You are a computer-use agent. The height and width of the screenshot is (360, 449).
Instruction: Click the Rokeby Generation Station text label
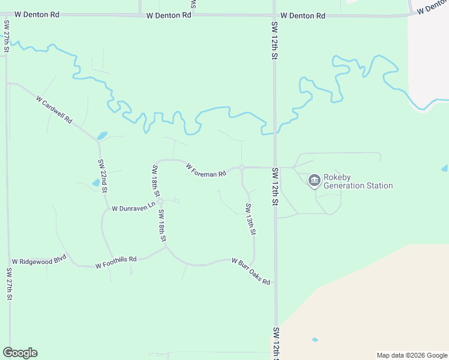tap(358, 181)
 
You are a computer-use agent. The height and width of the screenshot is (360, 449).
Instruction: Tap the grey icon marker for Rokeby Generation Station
tap(314, 181)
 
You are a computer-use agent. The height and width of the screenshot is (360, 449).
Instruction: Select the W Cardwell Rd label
tap(54, 109)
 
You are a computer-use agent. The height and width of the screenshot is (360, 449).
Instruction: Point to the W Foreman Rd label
tap(206, 170)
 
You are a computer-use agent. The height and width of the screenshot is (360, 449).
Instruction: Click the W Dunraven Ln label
tap(133, 207)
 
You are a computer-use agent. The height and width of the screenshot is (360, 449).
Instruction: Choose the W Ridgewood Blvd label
tap(39, 262)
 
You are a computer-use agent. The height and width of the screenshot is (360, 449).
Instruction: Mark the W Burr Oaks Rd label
tap(251, 271)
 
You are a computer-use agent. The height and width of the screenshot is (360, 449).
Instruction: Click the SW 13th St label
tap(251, 219)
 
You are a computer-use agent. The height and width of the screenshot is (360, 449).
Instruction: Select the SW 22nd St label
tap(103, 176)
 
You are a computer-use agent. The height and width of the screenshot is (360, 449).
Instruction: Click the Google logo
tap(20, 353)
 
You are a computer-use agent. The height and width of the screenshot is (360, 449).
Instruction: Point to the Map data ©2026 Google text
tap(412, 355)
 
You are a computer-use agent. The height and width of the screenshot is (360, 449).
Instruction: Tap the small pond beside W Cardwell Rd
tap(102, 136)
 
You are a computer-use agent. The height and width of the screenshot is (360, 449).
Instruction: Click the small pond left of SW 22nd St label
tap(96, 182)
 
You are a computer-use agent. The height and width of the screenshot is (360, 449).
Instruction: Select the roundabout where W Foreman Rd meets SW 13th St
tap(241, 167)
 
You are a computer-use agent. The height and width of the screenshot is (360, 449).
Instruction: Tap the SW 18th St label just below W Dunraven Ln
tap(162, 225)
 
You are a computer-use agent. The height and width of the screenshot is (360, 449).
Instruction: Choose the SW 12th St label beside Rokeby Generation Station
tap(275, 187)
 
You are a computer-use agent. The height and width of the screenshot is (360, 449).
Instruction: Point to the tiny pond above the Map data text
tap(315, 340)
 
